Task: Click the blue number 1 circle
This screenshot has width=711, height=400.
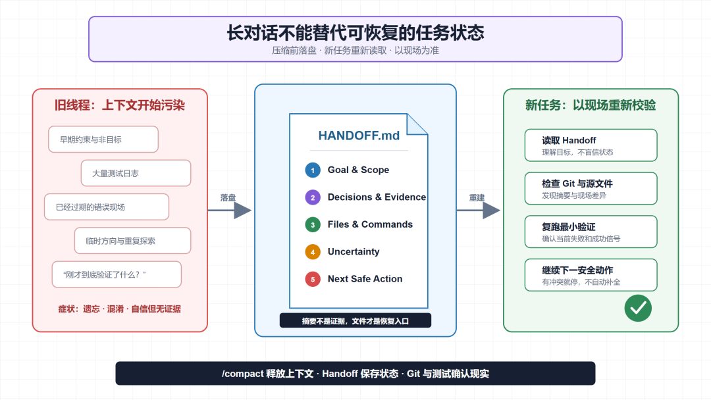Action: coord(313,170)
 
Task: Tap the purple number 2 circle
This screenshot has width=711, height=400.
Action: coord(313,197)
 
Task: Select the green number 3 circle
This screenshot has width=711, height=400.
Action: coord(313,225)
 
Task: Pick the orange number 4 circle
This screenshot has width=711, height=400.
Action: coord(313,252)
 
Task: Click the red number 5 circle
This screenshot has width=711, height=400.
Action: coord(313,279)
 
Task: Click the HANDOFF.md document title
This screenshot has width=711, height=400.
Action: coord(359,136)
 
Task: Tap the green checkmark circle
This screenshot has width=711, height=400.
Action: coord(637,308)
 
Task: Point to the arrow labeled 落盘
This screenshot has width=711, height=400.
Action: coord(230,210)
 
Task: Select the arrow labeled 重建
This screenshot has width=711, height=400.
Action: coord(479,210)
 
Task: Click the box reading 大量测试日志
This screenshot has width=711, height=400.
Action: coord(136,173)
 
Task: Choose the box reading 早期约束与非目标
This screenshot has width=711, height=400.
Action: coord(103,139)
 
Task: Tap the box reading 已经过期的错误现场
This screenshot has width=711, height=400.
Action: coord(107,207)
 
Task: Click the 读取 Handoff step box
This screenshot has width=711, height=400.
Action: coord(591,145)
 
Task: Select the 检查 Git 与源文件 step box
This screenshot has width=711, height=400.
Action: coord(591,188)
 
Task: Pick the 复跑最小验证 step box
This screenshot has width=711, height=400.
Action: coord(591,232)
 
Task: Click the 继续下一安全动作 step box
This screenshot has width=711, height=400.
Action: coord(591,275)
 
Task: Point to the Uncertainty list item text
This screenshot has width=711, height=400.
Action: coord(354,252)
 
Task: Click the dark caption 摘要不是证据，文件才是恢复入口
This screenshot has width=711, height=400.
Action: coord(355,321)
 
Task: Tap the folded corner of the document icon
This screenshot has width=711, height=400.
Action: coord(416,124)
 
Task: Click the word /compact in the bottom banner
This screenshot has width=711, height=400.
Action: coord(242,374)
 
